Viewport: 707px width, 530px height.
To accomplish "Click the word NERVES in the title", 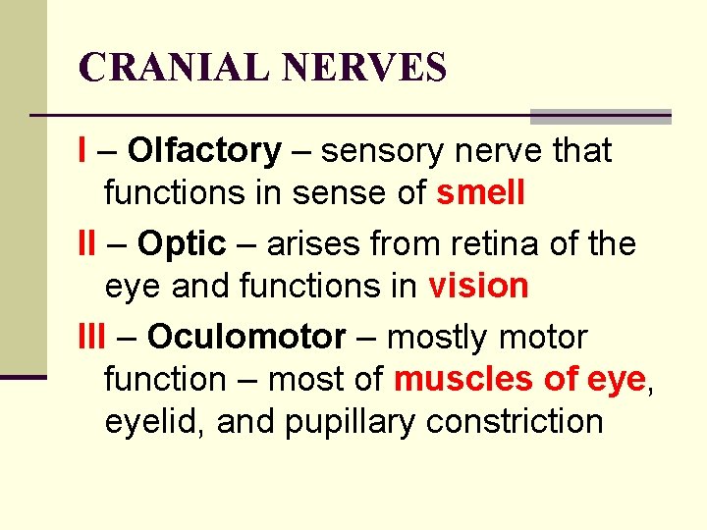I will click(x=364, y=68).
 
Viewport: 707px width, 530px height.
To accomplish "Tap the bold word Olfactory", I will click(x=204, y=151).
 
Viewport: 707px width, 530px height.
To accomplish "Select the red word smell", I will click(x=481, y=193).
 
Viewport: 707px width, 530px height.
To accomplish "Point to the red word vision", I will click(x=478, y=286).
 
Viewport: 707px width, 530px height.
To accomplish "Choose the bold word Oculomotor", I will click(x=246, y=337).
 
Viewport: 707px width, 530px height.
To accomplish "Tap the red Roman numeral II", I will click(x=86, y=243).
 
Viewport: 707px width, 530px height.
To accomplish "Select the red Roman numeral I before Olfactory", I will click(x=82, y=151).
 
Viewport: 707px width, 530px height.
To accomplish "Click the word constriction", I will click(x=515, y=422).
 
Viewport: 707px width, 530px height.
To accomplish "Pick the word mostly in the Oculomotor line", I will click(x=438, y=337).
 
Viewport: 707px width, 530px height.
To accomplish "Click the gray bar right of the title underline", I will click(x=600, y=116).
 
